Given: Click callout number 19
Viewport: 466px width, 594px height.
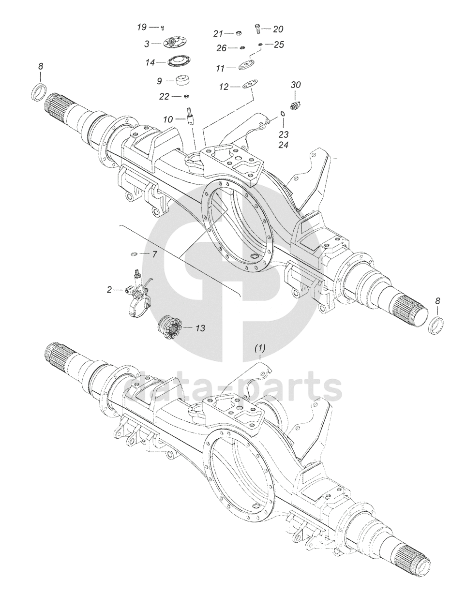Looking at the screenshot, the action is pos(142,27).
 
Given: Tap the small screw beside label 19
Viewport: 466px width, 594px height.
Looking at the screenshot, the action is pos(163,28).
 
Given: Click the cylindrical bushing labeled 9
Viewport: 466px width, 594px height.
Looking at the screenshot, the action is pos(183,80).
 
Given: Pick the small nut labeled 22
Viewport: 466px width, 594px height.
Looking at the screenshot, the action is pos(186,96).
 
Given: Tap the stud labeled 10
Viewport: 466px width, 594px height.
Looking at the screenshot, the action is pos(190,118).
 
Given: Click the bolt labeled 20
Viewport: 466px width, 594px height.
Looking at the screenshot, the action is pos(257,29).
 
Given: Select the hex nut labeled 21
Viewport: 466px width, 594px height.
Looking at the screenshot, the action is pos(239,33).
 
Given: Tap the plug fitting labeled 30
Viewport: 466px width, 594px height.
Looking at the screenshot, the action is pos(296,104).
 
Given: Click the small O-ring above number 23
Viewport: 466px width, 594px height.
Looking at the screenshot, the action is pos(283,114).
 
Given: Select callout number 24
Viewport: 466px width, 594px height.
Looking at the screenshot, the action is pos(284,145).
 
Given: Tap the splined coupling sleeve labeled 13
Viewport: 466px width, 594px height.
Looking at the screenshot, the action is pos(169,327).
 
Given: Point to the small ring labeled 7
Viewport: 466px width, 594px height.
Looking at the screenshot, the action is pos(134,254).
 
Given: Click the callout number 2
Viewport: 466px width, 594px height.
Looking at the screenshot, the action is pos(109,290).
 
